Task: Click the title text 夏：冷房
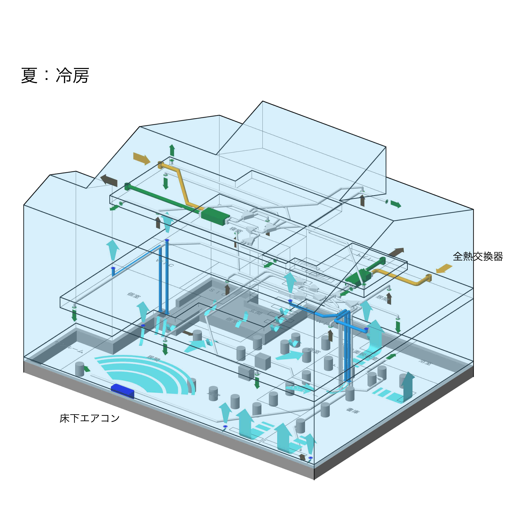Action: (x=55, y=76)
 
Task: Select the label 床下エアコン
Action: (x=89, y=418)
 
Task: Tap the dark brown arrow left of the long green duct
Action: (x=109, y=180)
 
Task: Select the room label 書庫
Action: (x=353, y=411)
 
